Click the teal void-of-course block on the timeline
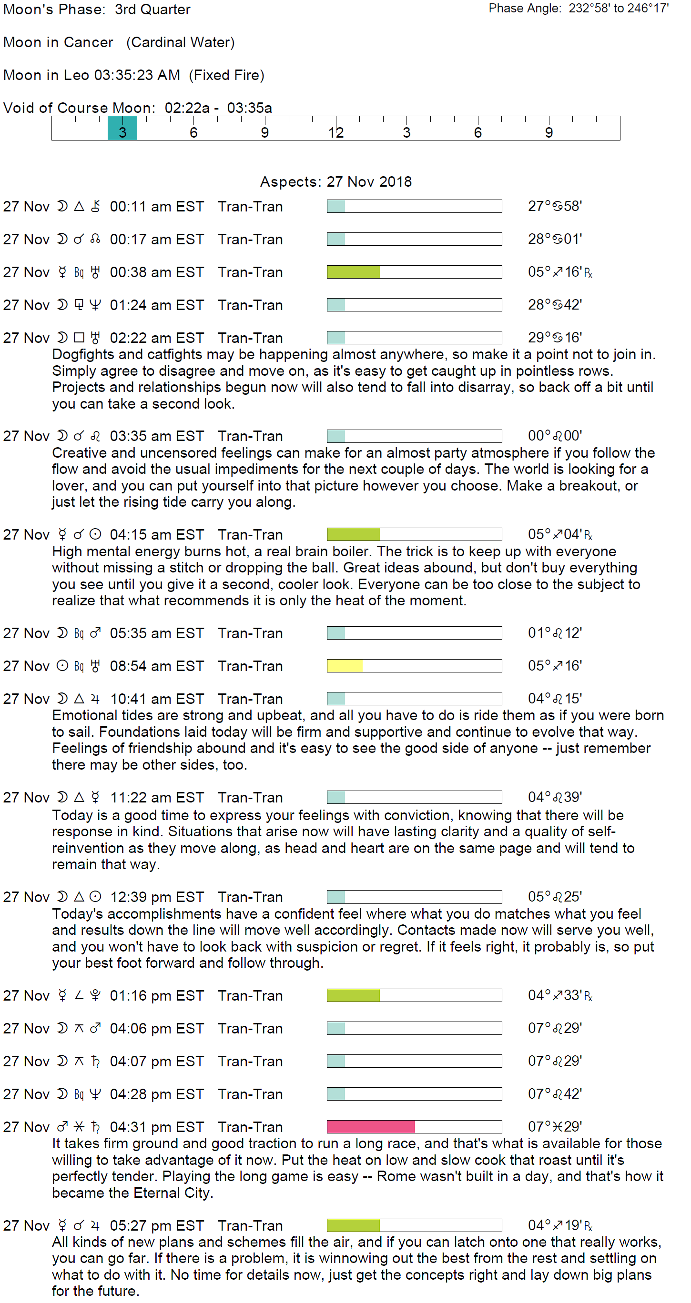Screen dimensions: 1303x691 [122, 128]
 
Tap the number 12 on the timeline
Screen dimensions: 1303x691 [335, 132]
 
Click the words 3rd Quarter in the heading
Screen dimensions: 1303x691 [152, 10]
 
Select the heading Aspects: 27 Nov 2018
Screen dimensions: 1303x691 [335, 181]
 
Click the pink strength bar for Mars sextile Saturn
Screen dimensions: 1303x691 [371, 1126]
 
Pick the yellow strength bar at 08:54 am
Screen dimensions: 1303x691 [345, 666]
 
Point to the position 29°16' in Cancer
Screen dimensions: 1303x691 [555, 337]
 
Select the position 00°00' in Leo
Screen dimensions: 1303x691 [555, 435]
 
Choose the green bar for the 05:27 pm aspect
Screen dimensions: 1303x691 [353, 1225]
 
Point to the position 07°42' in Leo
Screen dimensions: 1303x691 [555, 1093]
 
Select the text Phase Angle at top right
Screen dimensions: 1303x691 [525, 9]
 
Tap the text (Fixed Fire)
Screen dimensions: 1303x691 [227, 75]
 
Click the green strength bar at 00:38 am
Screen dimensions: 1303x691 [353, 271]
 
